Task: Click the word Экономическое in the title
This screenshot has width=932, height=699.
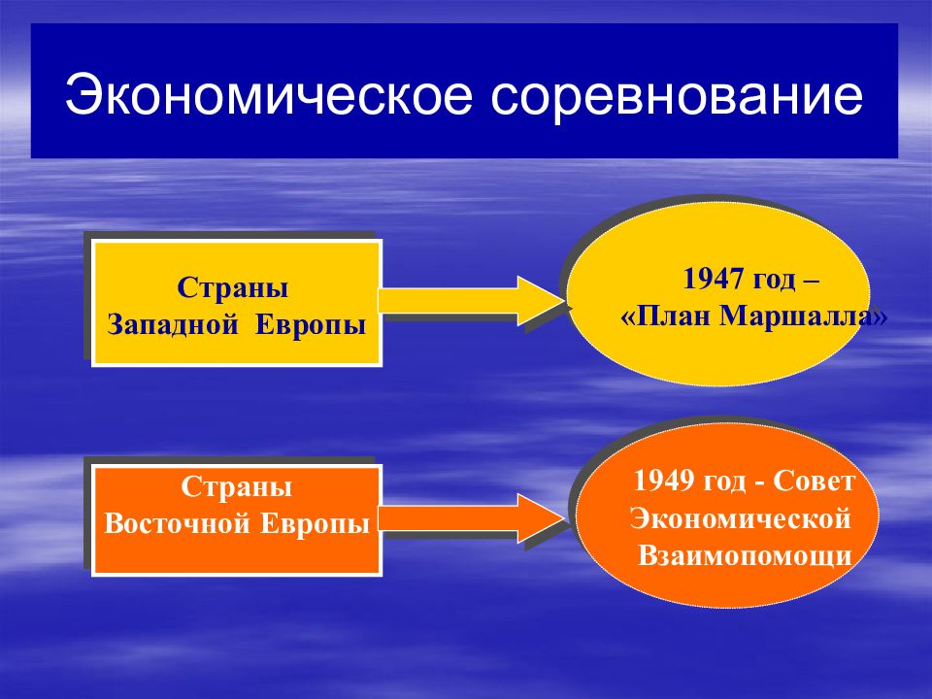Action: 269,94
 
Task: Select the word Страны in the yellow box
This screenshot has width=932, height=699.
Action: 232,288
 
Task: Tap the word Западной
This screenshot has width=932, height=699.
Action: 173,326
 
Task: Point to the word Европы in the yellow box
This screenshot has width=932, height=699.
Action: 311,326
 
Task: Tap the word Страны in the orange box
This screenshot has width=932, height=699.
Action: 237,487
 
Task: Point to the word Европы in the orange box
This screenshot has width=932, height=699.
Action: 316,524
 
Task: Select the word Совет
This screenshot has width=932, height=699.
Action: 814,481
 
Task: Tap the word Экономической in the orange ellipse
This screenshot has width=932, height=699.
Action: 741,518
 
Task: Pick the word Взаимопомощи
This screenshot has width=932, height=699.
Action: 745,555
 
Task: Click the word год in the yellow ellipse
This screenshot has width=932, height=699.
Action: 774,280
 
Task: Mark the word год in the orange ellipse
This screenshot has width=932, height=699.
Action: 724,482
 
